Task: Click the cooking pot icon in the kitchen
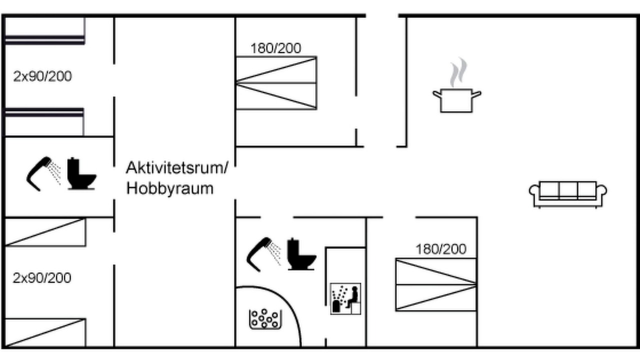pyautogui.click(x=456, y=100)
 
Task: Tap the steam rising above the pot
pyautogui.click(x=458, y=72)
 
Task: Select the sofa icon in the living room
pyautogui.click(x=568, y=194)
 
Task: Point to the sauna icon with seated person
pyautogui.click(x=345, y=298)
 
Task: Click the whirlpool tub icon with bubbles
pyautogui.click(x=265, y=319)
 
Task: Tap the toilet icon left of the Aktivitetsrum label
pyautogui.click(x=81, y=173)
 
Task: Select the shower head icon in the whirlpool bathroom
pyautogui.click(x=263, y=254)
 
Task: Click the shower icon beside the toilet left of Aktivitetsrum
pyautogui.click(x=43, y=173)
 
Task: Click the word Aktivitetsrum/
pyautogui.click(x=177, y=167)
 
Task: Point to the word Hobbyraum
pyautogui.click(x=170, y=188)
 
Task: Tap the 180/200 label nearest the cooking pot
pyautogui.click(x=275, y=48)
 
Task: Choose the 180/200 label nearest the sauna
pyautogui.click(x=441, y=249)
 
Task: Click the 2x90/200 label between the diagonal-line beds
pyautogui.click(x=42, y=277)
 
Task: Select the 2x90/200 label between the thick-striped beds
pyautogui.click(x=42, y=76)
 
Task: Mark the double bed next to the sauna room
pyautogui.click(x=436, y=284)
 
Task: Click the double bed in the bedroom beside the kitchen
pyautogui.click(x=276, y=83)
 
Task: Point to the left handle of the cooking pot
pyautogui.click(x=437, y=94)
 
